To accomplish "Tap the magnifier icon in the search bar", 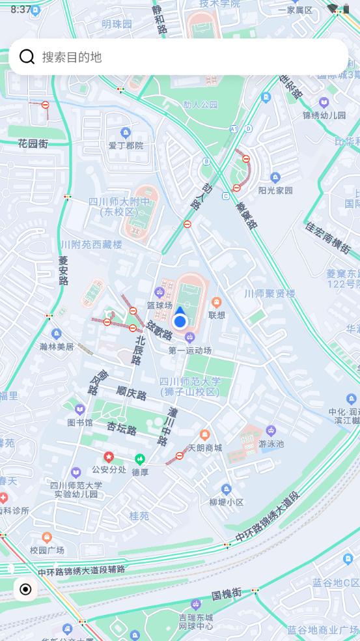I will point(27,57).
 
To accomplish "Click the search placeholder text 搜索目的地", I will point(72,57).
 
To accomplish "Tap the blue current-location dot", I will point(180,321).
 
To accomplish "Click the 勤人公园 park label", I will point(200,104).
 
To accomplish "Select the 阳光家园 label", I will point(275,190).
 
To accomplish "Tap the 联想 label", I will point(217,315).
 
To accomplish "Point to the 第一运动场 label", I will point(190,350).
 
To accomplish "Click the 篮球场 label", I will point(159,305).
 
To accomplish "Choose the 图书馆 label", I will point(80,422).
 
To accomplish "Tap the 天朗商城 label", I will point(205,448).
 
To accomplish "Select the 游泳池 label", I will point(271,444).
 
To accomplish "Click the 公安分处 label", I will point(109,469).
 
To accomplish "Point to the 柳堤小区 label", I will point(226,502).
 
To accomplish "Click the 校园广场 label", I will point(47,550).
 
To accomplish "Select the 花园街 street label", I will point(33,143).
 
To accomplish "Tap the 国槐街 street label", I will point(227,593).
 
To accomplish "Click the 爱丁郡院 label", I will point(126,145).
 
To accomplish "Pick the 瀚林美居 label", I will point(57,347).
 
